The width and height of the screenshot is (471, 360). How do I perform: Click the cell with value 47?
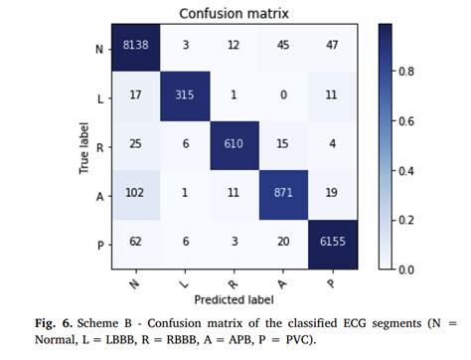click(335, 47)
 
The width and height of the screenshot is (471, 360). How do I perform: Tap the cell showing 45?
click(286, 47)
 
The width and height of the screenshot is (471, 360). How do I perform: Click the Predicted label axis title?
click(235, 299)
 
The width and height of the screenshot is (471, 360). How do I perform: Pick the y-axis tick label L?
click(99, 96)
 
